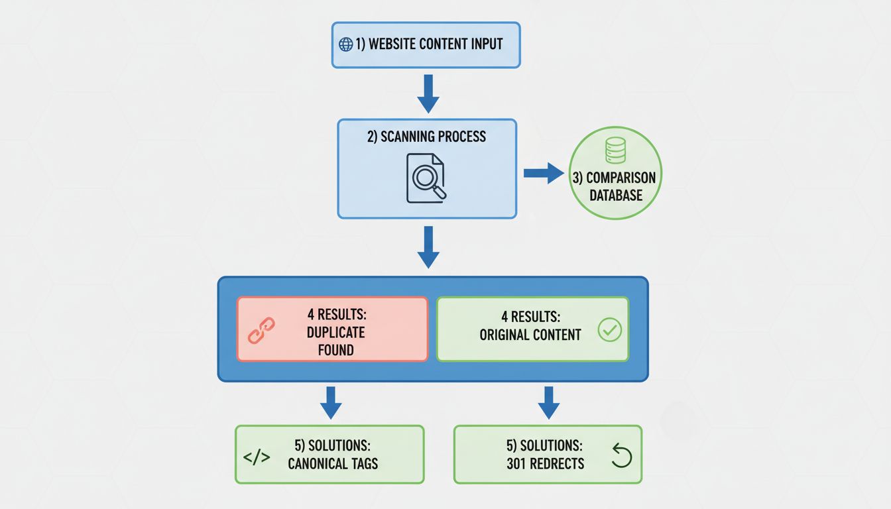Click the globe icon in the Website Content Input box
[345, 44]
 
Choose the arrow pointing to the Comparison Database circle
[543, 173]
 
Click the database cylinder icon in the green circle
[615, 150]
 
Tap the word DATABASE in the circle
[615, 195]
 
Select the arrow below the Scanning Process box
[428, 247]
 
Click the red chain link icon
[261, 329]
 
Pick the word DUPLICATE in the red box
[335, 332]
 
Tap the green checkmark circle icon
[609, 329]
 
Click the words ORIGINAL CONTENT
[530, 335]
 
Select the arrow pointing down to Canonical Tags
[330, 402]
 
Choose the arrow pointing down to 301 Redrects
[548, 402]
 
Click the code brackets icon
[257, 457]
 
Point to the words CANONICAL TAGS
[333, 463]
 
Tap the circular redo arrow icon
[621, 456]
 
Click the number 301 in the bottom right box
[519, 463]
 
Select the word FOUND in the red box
[335, 349]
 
